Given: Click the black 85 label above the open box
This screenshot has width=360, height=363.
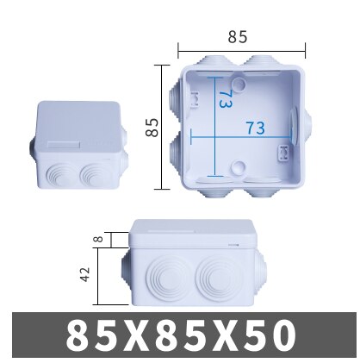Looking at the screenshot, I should click(x=239, y=37).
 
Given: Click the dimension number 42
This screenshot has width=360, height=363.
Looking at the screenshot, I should click(x=84, y=275).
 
